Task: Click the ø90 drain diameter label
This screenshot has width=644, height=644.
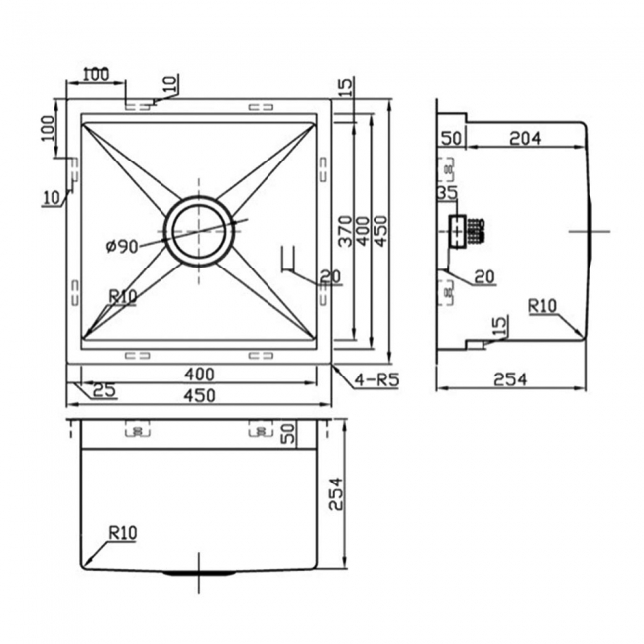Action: [120, 246]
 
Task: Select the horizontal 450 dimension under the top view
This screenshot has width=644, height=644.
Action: [199, 396]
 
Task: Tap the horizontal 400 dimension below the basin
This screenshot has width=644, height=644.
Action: [199, 376]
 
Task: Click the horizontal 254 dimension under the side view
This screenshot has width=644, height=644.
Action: [511, 378]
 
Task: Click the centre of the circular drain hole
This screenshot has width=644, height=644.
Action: [200, 230]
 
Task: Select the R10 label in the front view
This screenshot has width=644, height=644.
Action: [123, 533]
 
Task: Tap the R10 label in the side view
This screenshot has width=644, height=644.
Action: [543, 306]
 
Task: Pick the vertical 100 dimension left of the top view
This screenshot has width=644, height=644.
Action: [46, 128]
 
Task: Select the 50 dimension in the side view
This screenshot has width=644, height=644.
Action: [452, 139]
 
